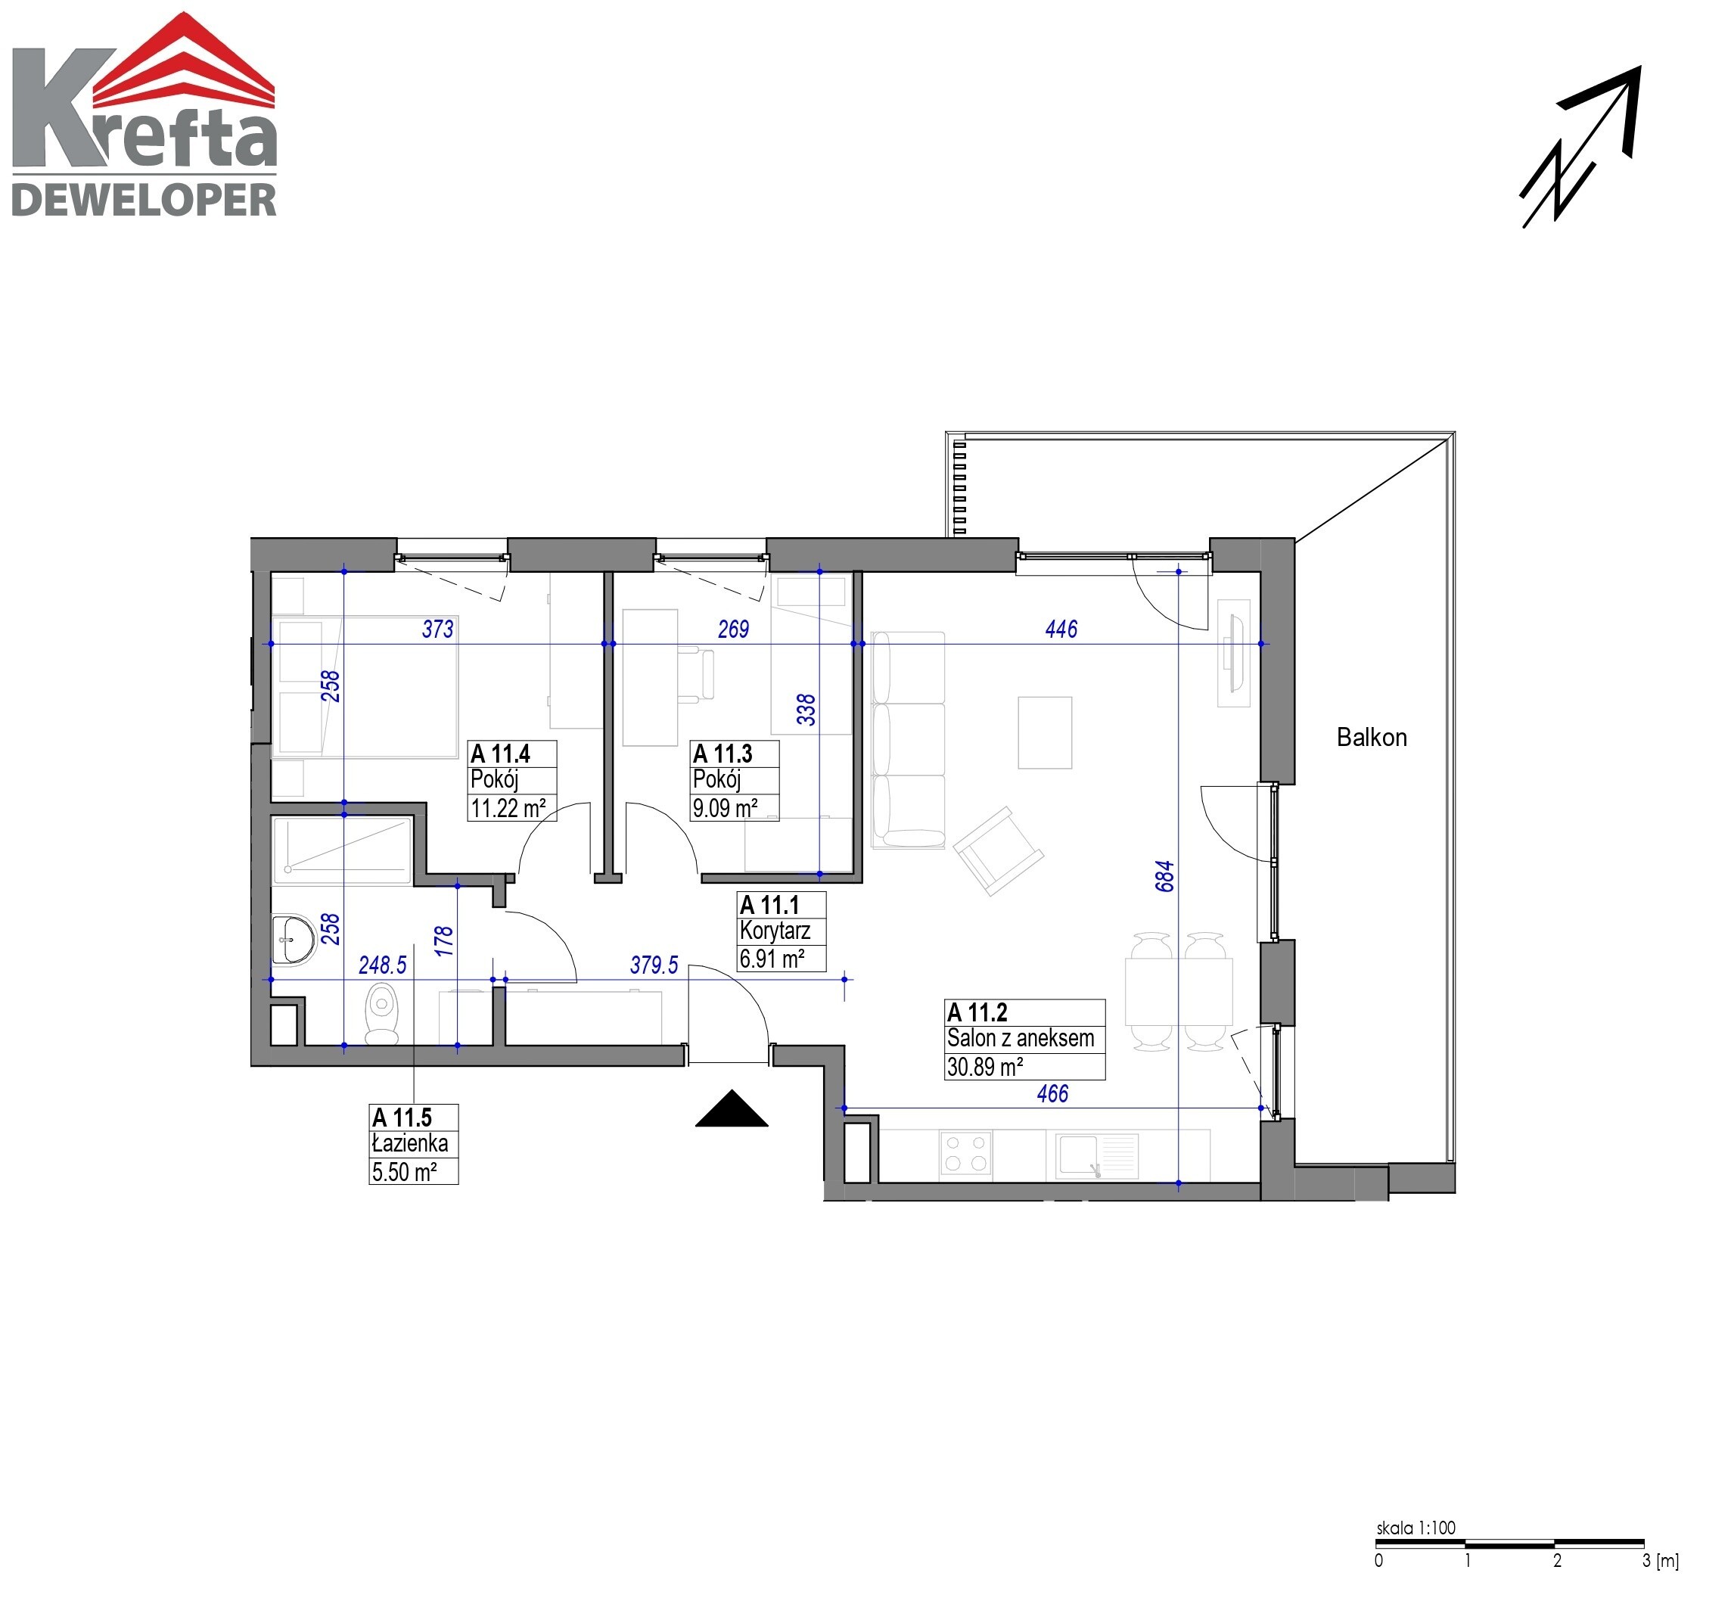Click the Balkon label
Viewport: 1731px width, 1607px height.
[x=1371, y=738]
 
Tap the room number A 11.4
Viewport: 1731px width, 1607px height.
[x=500, y=754]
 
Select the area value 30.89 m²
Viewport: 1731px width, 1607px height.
[x=984, y=1067]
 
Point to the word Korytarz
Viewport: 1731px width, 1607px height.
[x=775, y=931]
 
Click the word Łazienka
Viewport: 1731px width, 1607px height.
[x=409, y=1143]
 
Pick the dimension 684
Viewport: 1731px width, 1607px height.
[x=1165, y=875]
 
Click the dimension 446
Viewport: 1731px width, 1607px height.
[x=1061, y=629]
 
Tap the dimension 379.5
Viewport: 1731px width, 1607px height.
[x=654, y=965]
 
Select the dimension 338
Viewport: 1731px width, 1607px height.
[x=806, y=710]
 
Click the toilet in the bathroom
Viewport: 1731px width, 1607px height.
[x=381, y=1014]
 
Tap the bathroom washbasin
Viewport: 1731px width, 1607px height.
[x=293, y=939]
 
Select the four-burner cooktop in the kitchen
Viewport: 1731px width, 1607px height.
[x=966, y=1153]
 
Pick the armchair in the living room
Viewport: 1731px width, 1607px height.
[x=998, y=851]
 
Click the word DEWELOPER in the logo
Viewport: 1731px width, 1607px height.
[x=145, y=200]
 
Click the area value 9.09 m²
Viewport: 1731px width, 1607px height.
[x=724, y=809]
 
